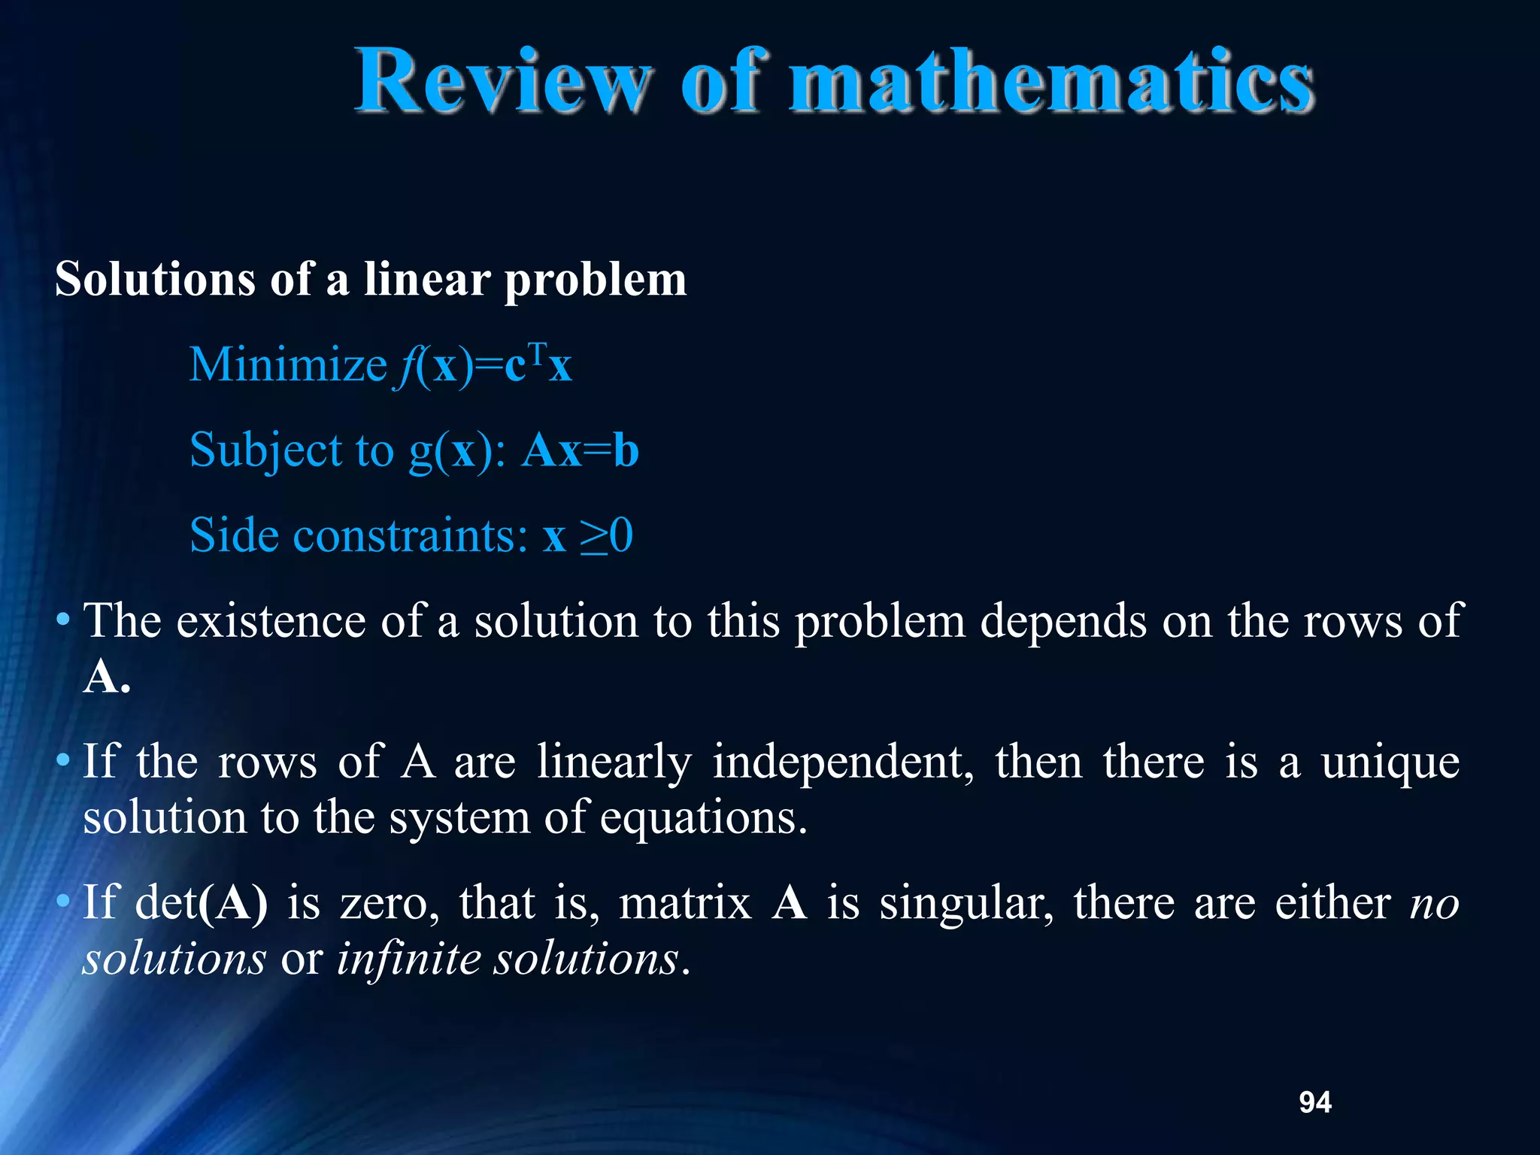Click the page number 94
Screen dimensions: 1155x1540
coord(1315,1102)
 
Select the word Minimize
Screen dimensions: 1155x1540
coord(288,365)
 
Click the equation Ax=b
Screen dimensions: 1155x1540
coord(580,451)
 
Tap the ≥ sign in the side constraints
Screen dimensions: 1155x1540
coord(593,537)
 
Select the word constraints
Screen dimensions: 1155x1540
coord(411,537)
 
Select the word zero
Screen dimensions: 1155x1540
coord(390,903)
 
